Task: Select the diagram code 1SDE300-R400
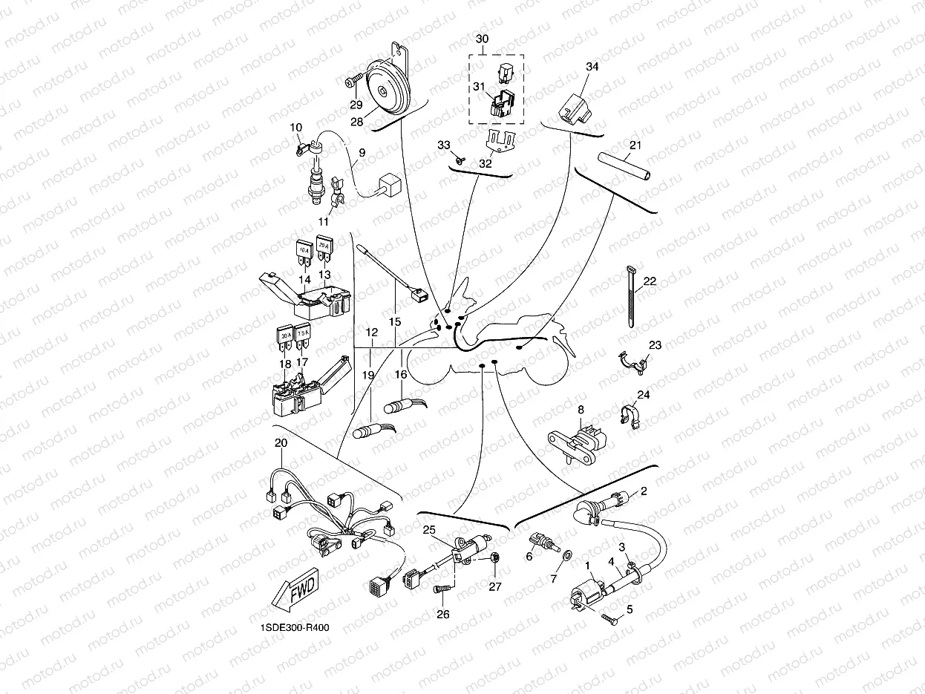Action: [x=295, y=627]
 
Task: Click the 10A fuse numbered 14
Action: [x=304, y=253]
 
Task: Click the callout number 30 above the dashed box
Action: [x=482, y=39]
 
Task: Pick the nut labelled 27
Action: [x=497, y=557]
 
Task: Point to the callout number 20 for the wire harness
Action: [x=280, y=442]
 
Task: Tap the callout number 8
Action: [x=581, y=408]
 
